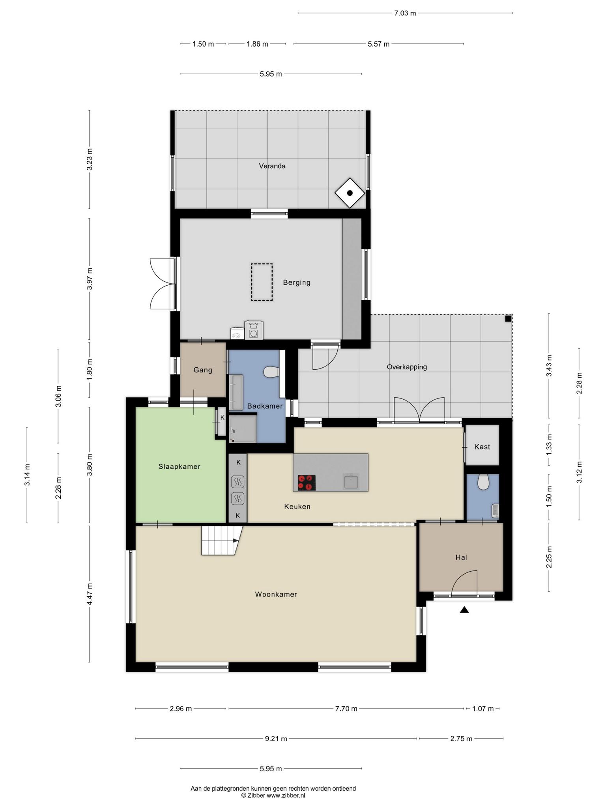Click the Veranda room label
[x=272, y=166]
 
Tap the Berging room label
[x=296, y=282]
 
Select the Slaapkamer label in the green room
[x=180, y=467]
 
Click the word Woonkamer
[x=276, y=594]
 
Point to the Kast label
[x=482, y=447]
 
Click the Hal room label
[x=461, y=557]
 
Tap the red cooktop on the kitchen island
[x=307, y=483]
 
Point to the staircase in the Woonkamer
[x=220, y=541]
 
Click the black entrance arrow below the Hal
[x=464, y=610]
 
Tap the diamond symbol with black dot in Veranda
[x=350, y=193]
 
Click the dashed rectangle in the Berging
[x=262, y=282]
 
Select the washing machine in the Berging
[x=253, y=330]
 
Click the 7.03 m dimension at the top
[x=405, y=13]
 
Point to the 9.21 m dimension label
[x=276, y=739]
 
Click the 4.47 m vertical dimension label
[x=90, y=594]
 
